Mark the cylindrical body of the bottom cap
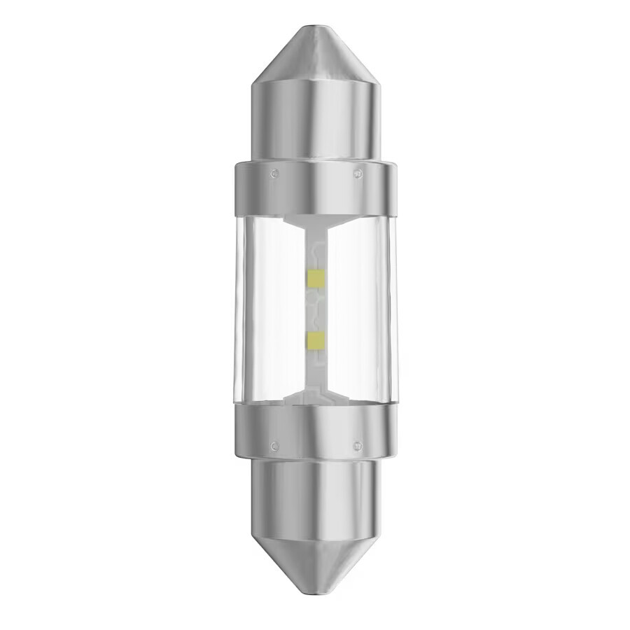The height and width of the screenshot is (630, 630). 315,500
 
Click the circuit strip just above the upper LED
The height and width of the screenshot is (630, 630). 315,252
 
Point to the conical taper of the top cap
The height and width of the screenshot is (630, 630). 315,56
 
